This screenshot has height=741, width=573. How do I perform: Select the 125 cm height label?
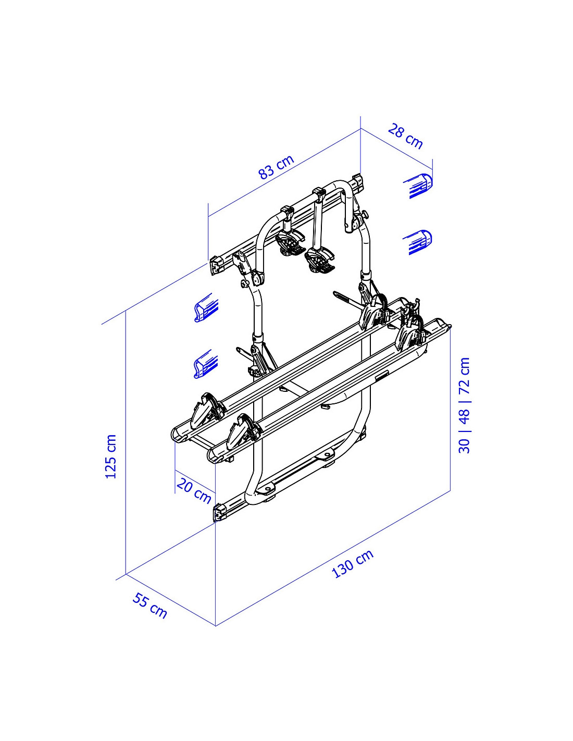point(111,456)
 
